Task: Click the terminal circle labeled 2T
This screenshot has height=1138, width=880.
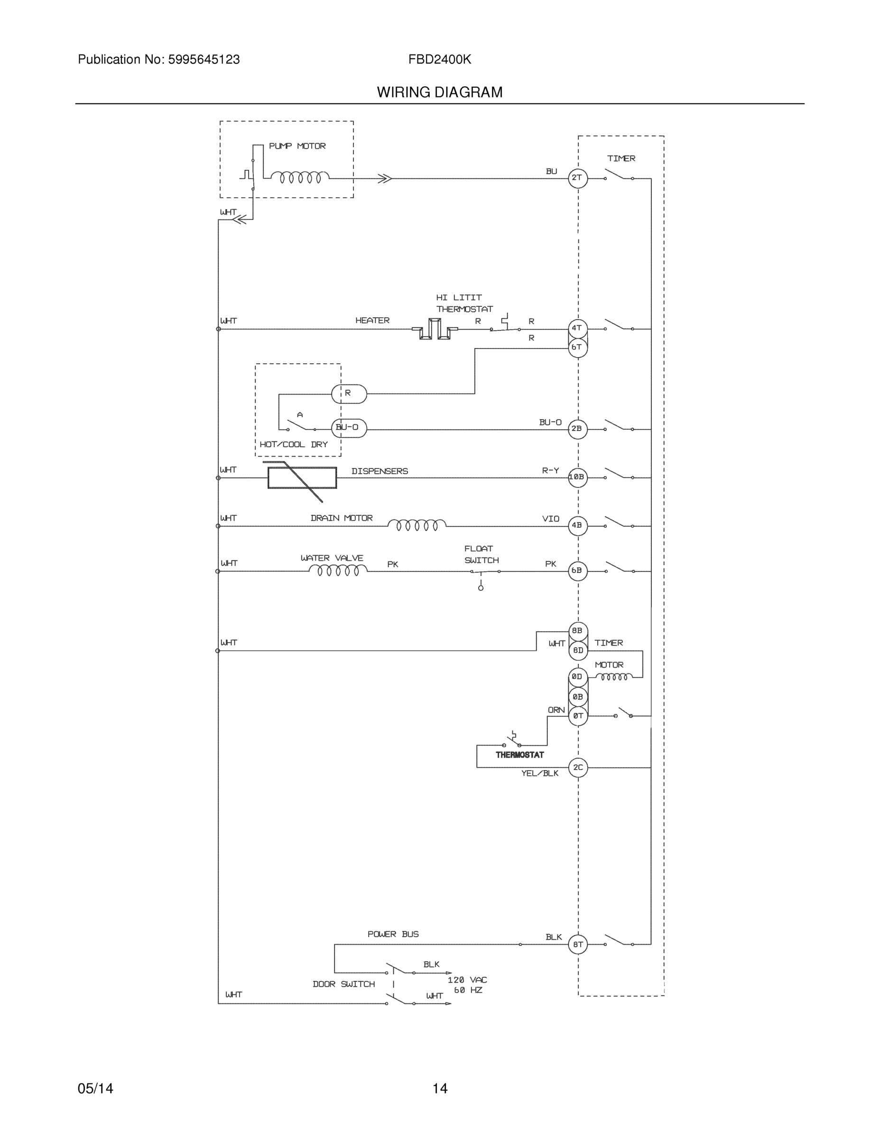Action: pos(577,178)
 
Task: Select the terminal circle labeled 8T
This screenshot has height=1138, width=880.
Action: pos(578,944)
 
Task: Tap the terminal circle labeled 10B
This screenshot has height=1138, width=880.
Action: pos(577,477)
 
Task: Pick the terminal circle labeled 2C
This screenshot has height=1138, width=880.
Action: pos(578,768)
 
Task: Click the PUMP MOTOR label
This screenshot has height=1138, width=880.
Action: pos(297,147)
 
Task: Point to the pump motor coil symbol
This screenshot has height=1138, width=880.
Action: pos(300,178)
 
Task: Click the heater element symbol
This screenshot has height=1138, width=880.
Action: pos(435,330)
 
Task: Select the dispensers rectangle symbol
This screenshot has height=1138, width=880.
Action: pos(302,478)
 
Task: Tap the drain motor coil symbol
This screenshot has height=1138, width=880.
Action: pos(417,525)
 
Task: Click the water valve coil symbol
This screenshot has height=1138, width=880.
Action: pos(338,570)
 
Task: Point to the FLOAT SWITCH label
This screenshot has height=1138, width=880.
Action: pos(481,554)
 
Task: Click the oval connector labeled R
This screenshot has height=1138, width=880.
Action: pos(349,394)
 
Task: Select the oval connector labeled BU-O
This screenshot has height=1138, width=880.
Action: pos(349,428)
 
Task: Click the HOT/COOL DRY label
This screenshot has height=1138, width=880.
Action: pos(294,444)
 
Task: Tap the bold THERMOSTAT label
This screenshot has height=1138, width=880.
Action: pos(519,755)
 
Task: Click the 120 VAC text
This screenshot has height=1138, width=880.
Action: pos(467,980)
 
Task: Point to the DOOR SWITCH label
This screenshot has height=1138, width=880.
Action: pos(343,984)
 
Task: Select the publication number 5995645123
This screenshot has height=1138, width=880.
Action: pos(204,60)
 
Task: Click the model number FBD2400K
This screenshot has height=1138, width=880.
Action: pos(439,60)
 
